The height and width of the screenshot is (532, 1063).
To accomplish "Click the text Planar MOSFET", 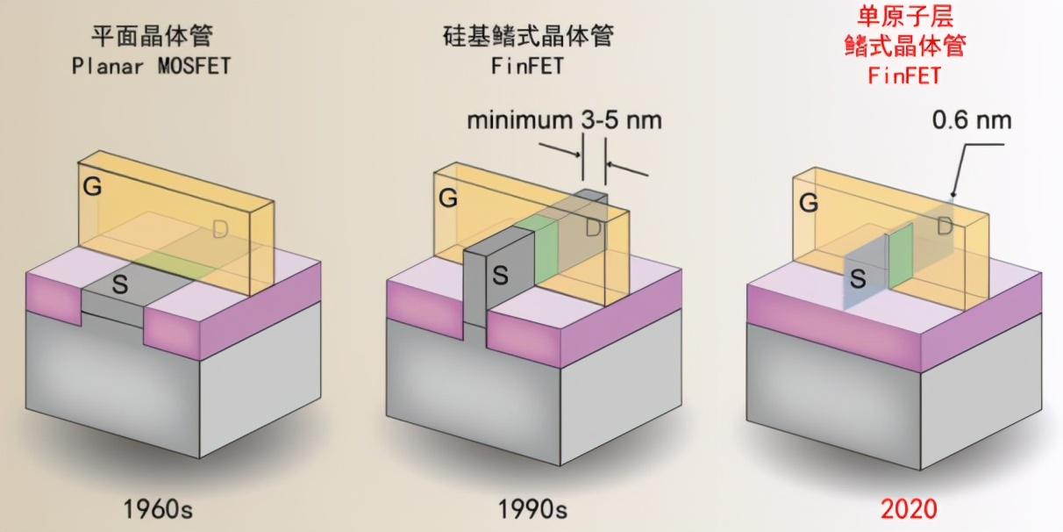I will point(151,67).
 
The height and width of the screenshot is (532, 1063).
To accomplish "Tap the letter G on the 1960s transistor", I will point(90,187).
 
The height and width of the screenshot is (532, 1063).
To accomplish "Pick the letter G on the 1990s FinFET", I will point(448,198).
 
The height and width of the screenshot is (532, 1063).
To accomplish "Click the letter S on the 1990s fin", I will point(499,275).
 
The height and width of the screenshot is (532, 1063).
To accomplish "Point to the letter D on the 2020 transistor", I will point(945,227).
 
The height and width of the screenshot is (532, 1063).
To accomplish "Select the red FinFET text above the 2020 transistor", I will point(903,75).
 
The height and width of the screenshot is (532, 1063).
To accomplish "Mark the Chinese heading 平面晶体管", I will point(152,37).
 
